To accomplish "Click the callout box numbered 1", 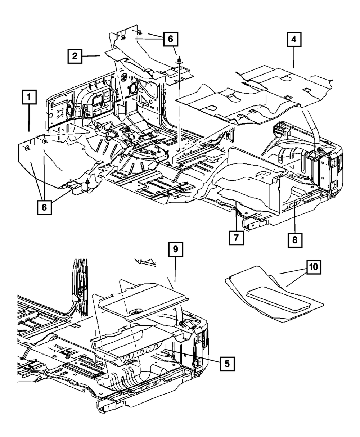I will tap(29, 97).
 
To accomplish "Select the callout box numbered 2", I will tap(75, 56).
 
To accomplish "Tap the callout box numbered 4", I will tap(294, 40).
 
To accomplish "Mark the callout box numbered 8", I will tap(295, 239).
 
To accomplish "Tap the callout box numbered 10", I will tap(313, 267).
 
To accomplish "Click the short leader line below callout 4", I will tap(294, 58).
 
